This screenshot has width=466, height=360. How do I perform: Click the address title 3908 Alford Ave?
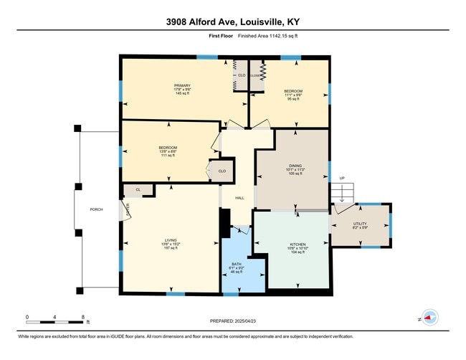pyautogui.click(x=233, y=21)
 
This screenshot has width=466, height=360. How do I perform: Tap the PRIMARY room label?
pyautogui.click(x=181, y=85)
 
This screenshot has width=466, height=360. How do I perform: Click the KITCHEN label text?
pyautogui.click(x=297, y=245)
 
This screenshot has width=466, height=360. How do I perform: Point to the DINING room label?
pyautogui.click(x=295, y=164)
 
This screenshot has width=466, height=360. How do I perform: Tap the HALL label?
pyautogui.click(x=240, y=199)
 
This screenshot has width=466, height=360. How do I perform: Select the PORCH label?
pyautogui.click(x=96, y=209)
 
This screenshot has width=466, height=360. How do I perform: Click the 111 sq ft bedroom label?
pyautogui.click(x=167, y=148)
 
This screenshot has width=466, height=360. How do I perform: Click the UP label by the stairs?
pyautogui.click(x=342, y=179)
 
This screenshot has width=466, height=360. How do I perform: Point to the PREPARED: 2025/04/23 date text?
pyautogui.click(x=233, y=321)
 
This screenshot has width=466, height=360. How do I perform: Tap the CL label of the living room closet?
pyautogui.click(x=138, y=190)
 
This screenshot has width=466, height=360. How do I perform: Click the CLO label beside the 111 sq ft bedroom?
pyautogui.click(x=222, y=171)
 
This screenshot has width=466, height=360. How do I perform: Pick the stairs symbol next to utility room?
pyautogui.click(x=343, y=192)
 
